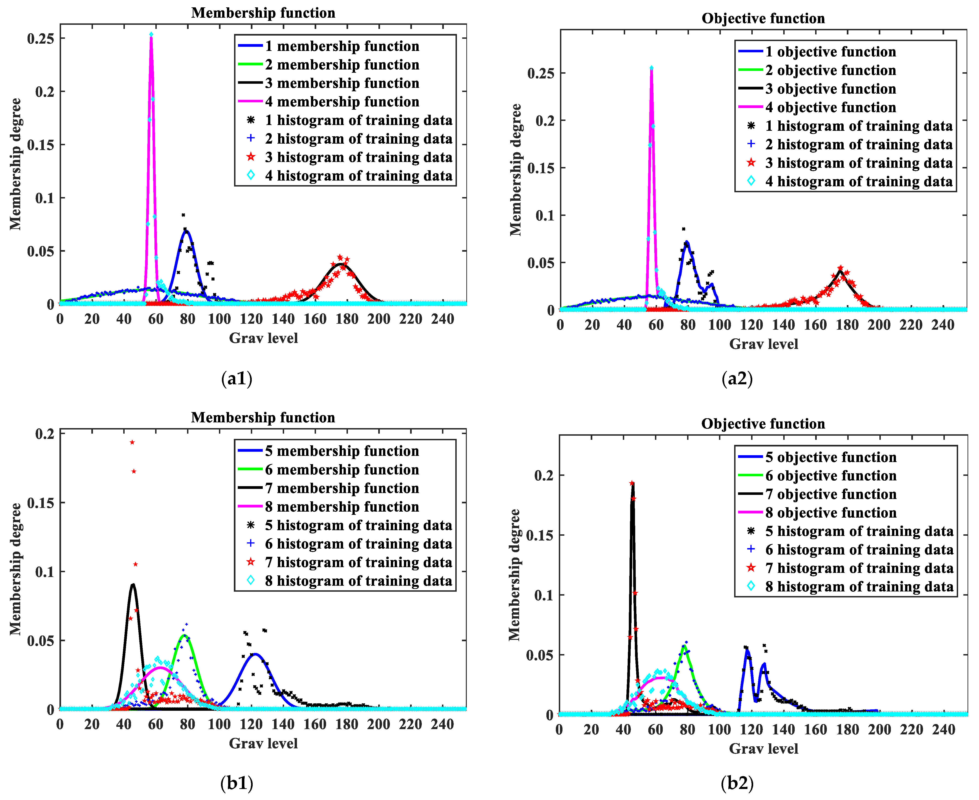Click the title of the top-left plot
point(263,13)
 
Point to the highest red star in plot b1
point(132,442)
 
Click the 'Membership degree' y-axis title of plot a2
point(515,170)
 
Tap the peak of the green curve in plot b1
point(184,636)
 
